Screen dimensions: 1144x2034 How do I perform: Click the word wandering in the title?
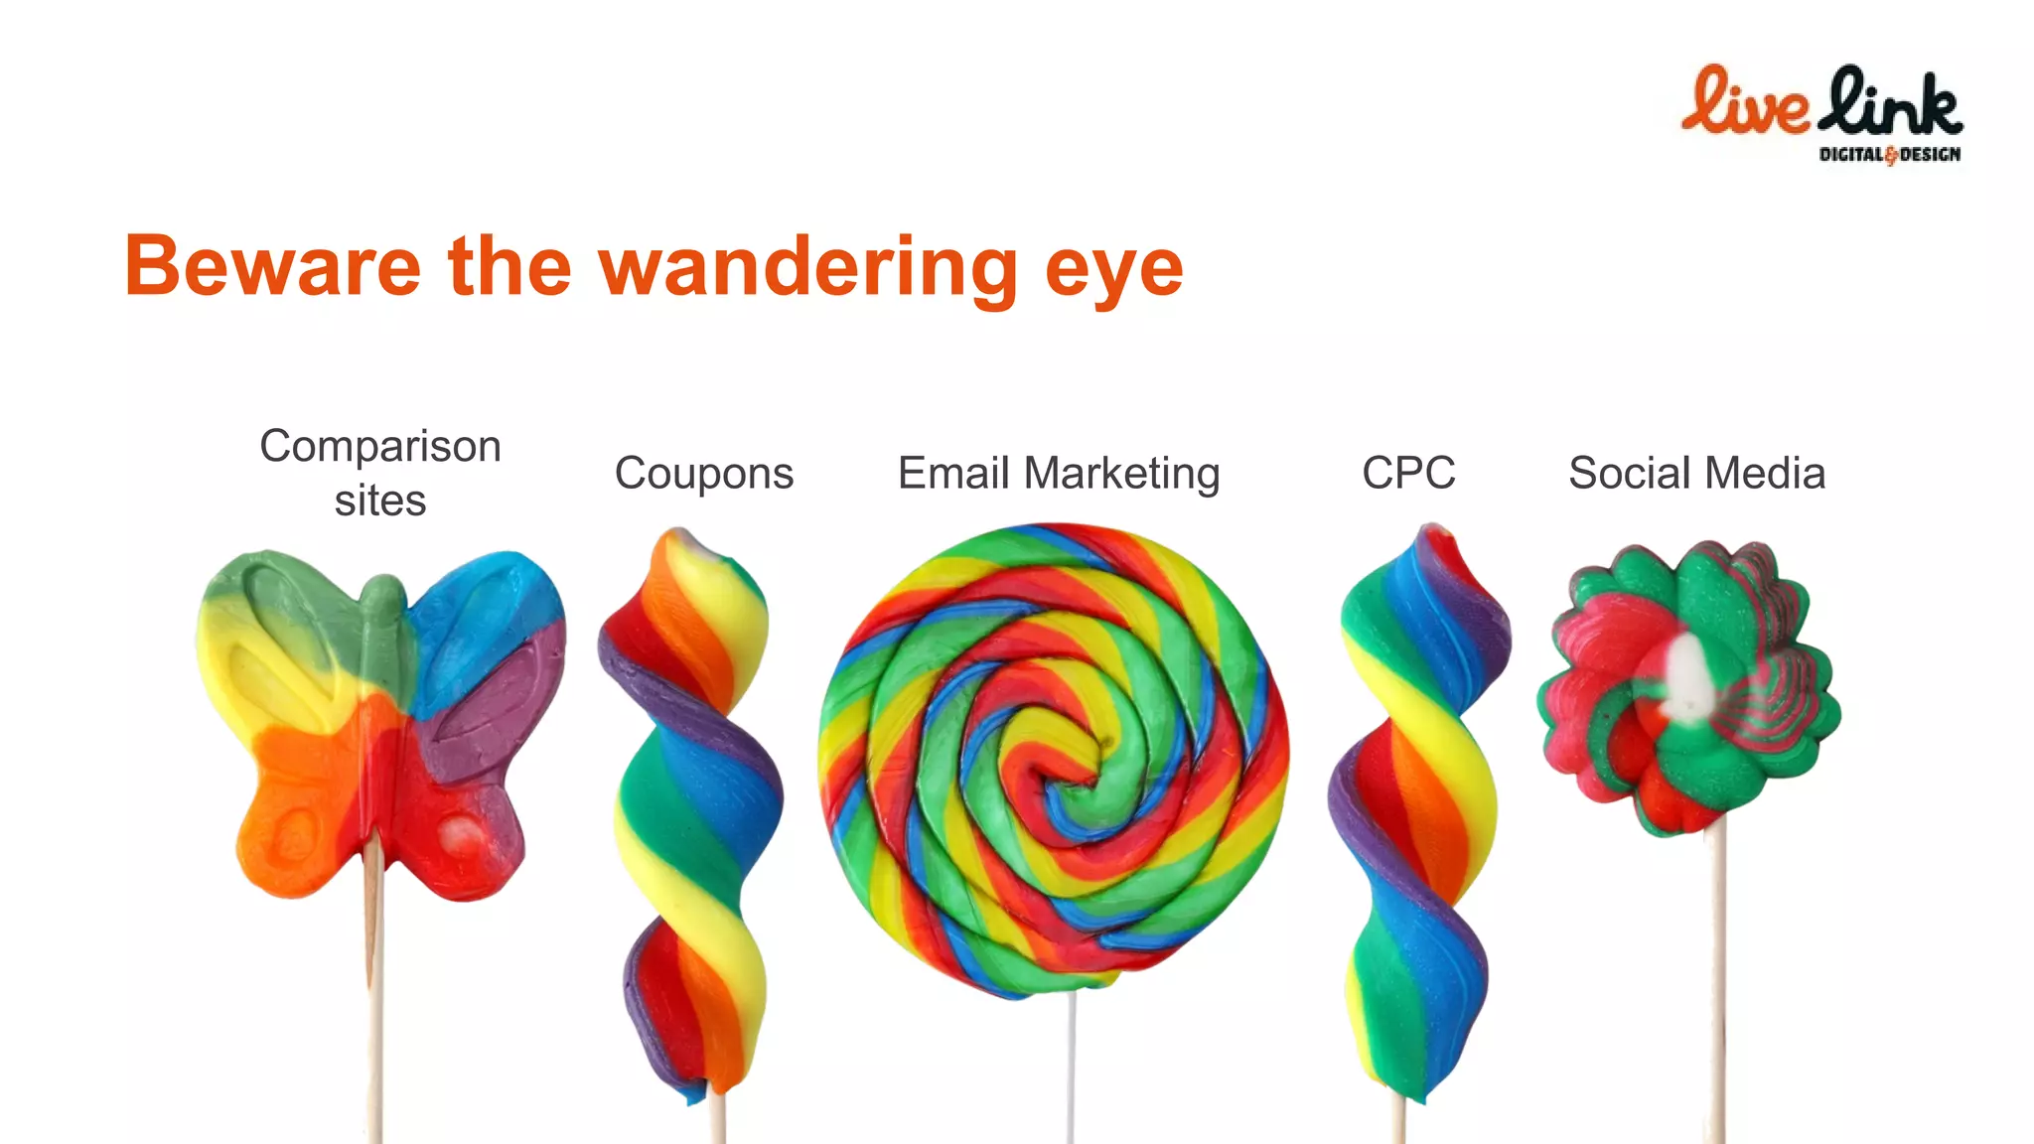click(x=807, y=266)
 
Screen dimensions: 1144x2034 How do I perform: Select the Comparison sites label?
click(x=380, y=473)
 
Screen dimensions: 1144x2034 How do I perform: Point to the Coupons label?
click(x=704, y=473)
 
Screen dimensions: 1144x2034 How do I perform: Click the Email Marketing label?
click(x=1059, y=473)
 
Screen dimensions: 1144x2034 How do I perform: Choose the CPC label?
click(x=1408, y=473)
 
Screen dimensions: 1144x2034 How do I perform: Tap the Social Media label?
click(x=1696, y=473)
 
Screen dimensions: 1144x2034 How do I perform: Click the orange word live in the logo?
click(x=1744, y=103)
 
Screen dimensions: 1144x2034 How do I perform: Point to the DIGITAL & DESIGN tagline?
click(x=1889, y=154)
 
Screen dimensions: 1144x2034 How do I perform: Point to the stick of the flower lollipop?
click(x=1717, y=993)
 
